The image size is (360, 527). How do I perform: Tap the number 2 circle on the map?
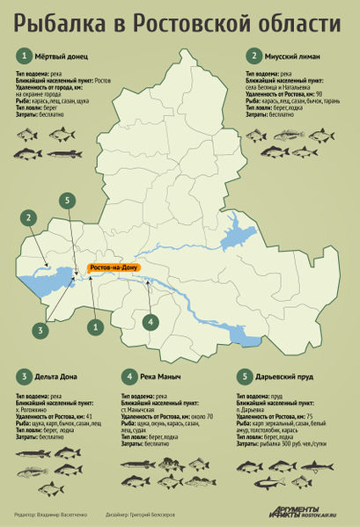tap(29, 217)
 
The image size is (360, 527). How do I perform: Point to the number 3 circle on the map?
tap(40, 330)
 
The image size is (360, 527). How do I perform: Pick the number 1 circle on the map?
tap(92, 326)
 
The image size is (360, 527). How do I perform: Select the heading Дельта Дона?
tap(55, 377)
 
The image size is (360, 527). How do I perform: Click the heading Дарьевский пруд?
tap(289, 377)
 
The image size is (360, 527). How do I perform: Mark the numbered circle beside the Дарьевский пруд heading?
tap(246, 377)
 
